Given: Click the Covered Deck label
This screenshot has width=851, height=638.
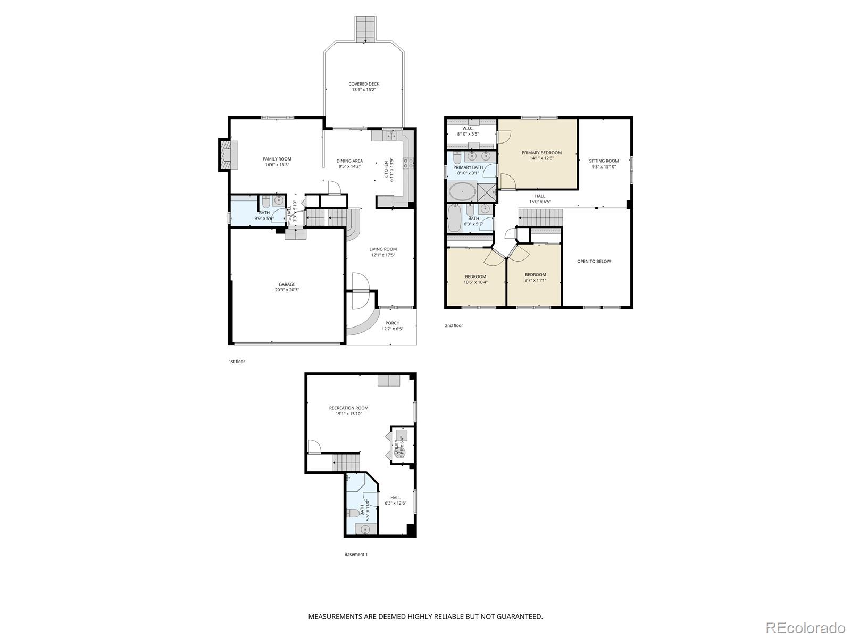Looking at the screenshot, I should [364, 84].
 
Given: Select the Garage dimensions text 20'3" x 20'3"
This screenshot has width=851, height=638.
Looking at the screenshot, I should [287, 290].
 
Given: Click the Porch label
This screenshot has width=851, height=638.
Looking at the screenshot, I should [393, 323].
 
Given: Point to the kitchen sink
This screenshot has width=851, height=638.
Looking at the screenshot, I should [392, 136].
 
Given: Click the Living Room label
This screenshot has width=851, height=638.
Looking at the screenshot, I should [383, 249].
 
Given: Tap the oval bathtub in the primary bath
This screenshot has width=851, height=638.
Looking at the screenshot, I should [462, 191].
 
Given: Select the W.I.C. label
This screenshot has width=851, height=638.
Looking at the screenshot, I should [468, 128].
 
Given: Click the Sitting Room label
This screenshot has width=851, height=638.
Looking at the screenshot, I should [604, 161].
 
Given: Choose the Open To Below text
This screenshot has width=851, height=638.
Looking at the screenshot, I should [594, 261].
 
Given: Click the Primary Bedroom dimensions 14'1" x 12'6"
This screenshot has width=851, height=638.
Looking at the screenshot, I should [541, 158].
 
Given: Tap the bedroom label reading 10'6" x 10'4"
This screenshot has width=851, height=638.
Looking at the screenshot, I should [475, 282].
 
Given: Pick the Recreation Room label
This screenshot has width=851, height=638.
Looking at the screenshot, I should [348, 408].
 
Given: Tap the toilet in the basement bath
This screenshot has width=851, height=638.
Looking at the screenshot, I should [352, 513].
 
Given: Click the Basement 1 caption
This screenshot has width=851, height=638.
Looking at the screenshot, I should [356, 554].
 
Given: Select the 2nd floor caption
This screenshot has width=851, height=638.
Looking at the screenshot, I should [454, 325].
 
